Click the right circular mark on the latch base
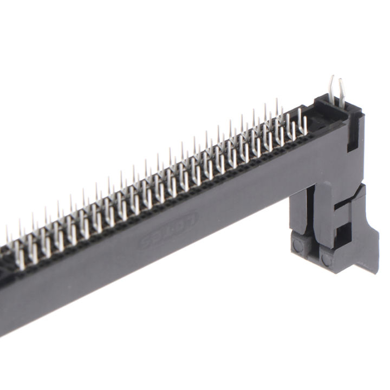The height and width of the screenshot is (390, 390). (x=326, y=259)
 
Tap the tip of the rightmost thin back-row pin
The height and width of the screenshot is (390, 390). (x=277, y=100)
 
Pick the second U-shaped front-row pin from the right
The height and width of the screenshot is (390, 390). (x=292, y=131)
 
